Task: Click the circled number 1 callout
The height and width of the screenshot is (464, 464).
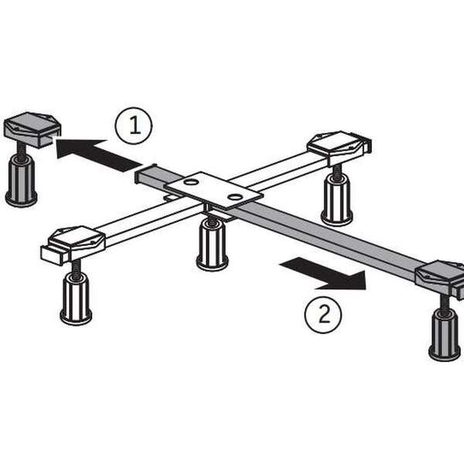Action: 134,126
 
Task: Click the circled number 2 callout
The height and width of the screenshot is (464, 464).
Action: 323,315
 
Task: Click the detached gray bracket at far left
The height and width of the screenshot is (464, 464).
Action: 32,129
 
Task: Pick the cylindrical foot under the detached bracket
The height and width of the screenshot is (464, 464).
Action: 22,181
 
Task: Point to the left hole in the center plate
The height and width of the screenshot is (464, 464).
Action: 190,182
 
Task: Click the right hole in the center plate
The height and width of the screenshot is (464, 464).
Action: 235,196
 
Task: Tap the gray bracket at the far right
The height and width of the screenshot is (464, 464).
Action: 440,278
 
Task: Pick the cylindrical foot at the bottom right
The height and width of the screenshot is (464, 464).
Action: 445,335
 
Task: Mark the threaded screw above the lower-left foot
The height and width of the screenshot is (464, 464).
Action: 76,267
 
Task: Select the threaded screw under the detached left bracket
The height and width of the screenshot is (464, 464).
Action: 22,152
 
